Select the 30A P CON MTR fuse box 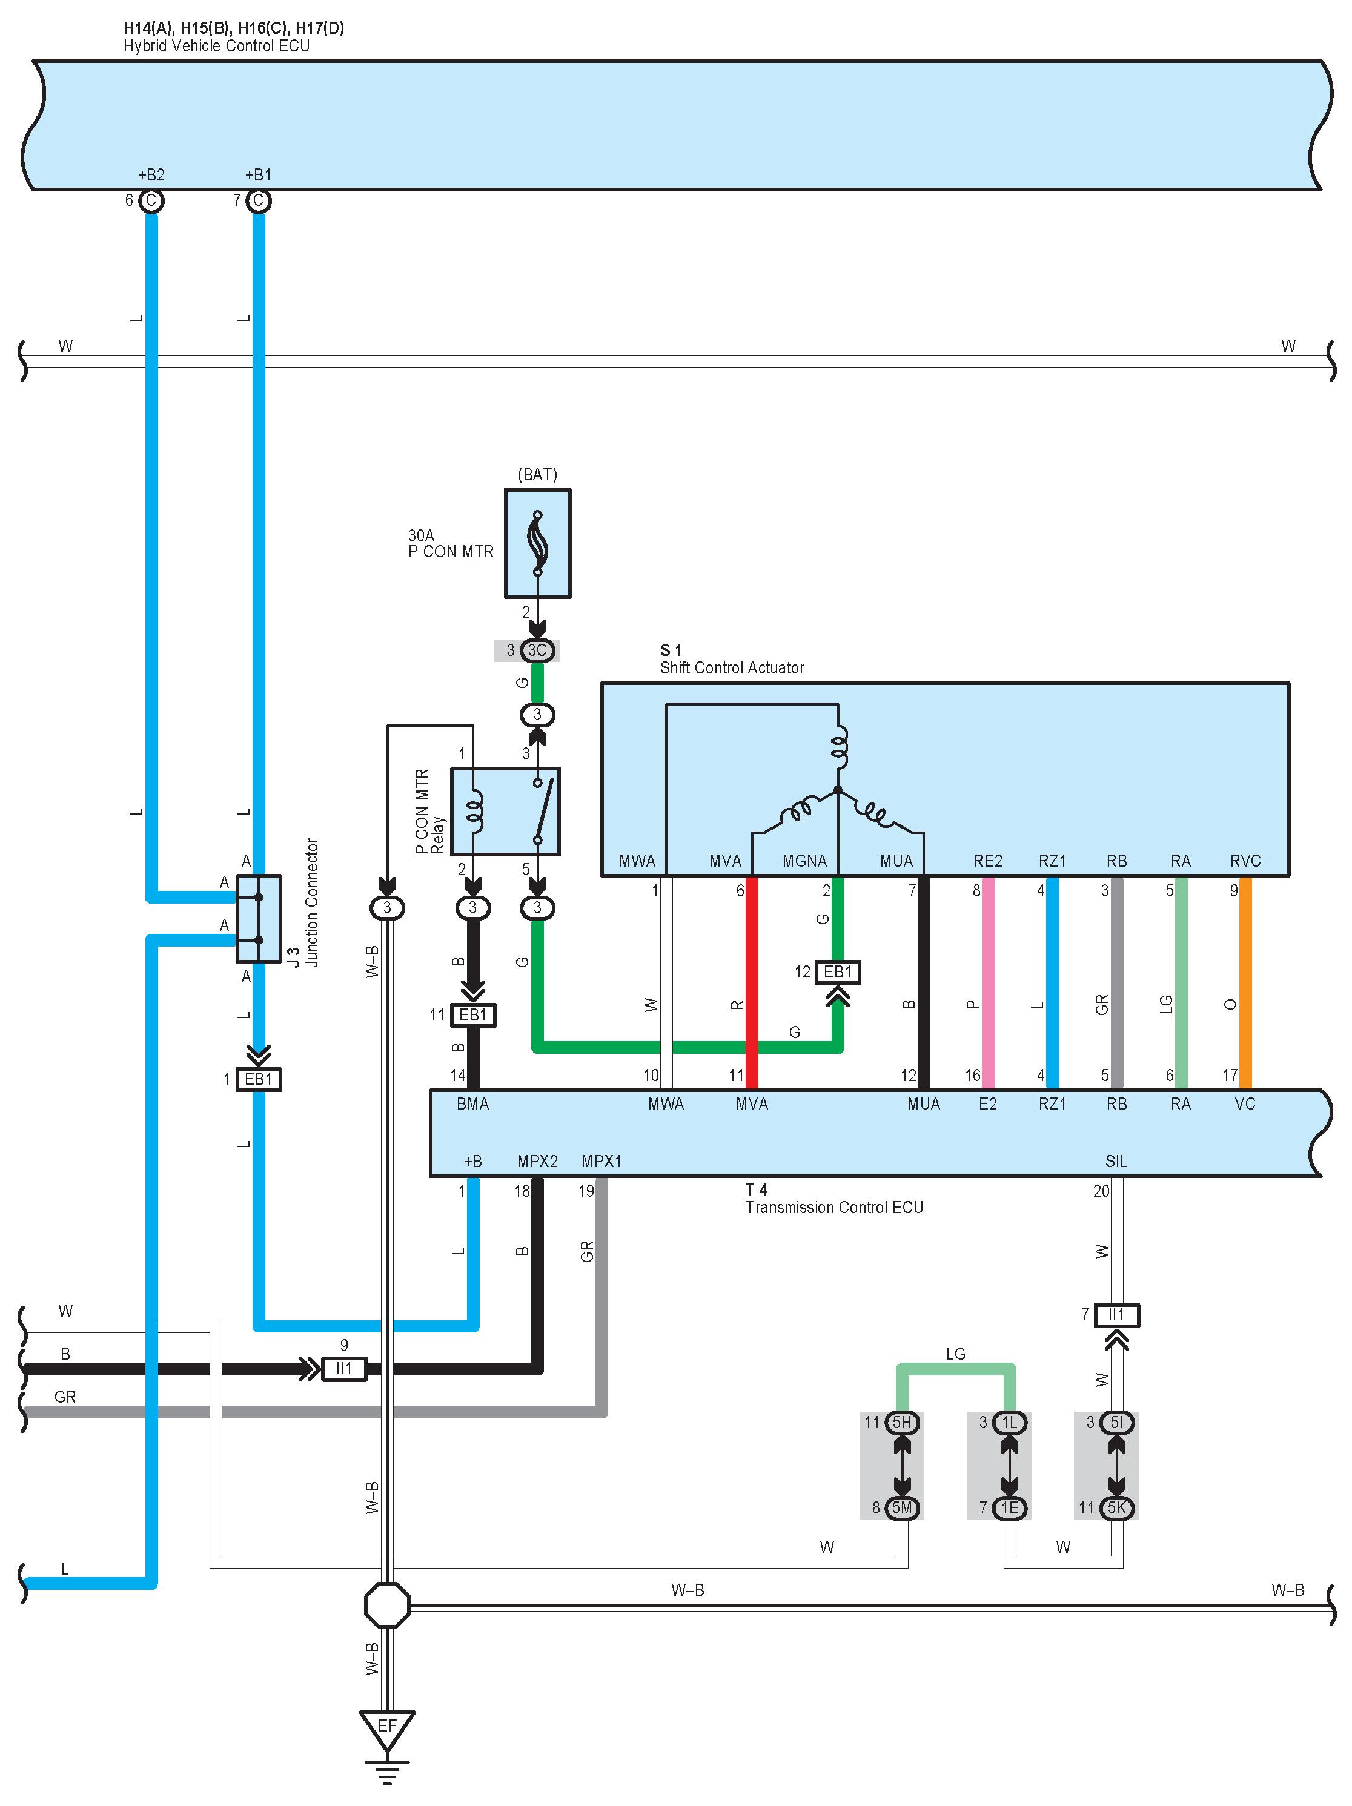pyautogui.click(x=537, y=543)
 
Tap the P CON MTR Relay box pyautogui.click(x=505, y=811)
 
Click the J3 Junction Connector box pyautogui.click(x=259, y=919)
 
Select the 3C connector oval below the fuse pyautogui.click(x=537, y=650)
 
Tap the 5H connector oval pyautogui.click(x=902, y=1422)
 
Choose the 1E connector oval pyautogui.click(x=1009, y=1507)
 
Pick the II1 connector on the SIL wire pyautogui.click(x=1116, y=1314)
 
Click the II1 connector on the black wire pyautogui.click(x=343, y=1368)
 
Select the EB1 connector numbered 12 pyautogui.click(x=838, y=971)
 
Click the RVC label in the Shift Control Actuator pyautogui.click(x=1245, y=861)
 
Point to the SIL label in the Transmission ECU pyautogui.click(x=1116, y=1161)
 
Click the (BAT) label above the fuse pyautogui.click(x=537, y=474)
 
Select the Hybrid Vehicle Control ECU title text pyautogui.click(x=216, y=45)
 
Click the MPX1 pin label pyautogui.click(x=601, y=1161)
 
